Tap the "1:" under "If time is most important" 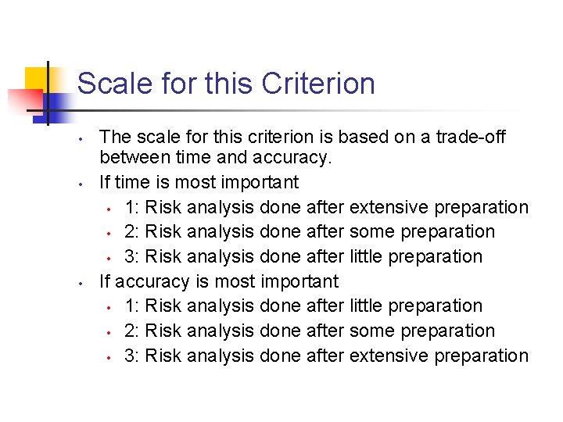[x=132, y=208]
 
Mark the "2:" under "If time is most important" [x=132, y=232]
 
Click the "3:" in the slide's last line [x=132, y=356]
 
